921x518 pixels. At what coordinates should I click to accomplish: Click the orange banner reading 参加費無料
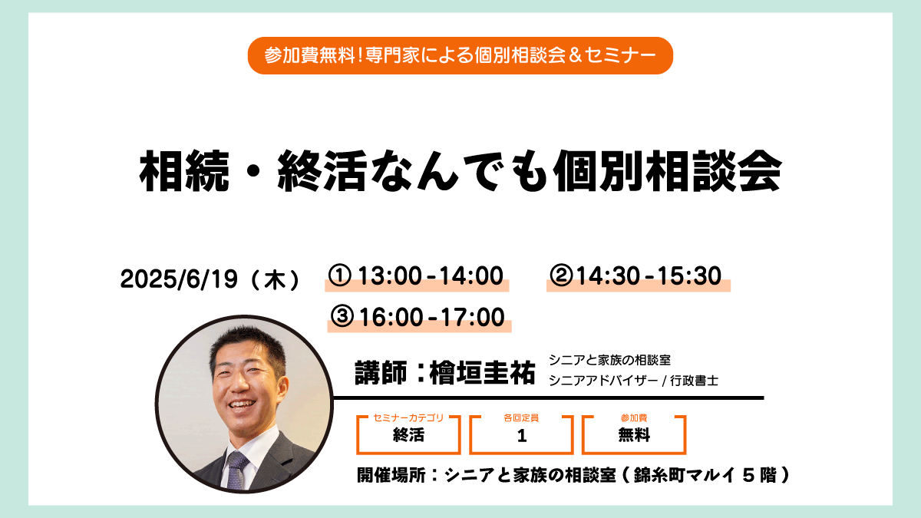pyautogui.click(x=460, y=55)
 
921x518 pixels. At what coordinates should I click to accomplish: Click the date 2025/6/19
pyautogui.click(x=180, y=279)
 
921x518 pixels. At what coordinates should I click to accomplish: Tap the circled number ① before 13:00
pyautogui.click(x=339, y=275)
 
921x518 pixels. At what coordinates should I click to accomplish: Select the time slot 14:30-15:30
pyautogui.click(x=649, y=275)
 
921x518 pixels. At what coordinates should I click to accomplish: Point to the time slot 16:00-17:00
pyautogui.click(x=432, y=317)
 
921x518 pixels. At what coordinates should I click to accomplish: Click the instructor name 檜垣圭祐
pyautogui.click(x=482, y=372)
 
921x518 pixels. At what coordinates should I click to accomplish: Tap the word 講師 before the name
pyautogui.click(x=381, y=372)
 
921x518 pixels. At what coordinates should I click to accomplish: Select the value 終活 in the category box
pyautogui.click(x=408, y=435)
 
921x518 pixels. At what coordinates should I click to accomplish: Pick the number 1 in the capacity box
pyautogui.click(x=522, y=436)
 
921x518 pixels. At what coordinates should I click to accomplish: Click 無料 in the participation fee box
pyautogui.click(x=634, y=435)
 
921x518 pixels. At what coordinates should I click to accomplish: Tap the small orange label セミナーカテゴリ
pyautogui.click(x=408, y=417)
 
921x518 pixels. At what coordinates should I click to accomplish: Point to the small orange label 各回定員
pyautogui.click(x=521, y=417)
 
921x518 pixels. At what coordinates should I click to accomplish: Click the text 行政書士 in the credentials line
pyautogui.click(x=694, y=381)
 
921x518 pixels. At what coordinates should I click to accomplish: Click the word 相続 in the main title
pyautogui.click(x=183, y=170)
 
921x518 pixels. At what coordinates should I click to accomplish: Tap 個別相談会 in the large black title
pyautogui.click(x=667, y=170)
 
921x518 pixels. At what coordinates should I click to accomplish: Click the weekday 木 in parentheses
pyautogui.click(x=275, y=279)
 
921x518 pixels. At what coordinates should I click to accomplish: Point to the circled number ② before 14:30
pyautogui.click(x=561, y=275)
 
